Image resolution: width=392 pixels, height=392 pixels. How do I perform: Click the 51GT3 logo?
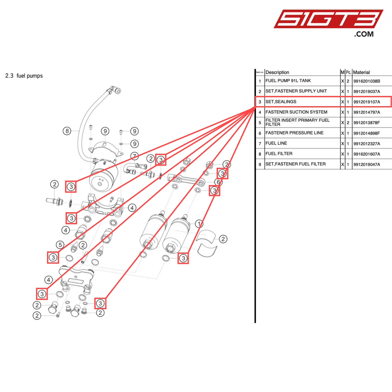point(328,19)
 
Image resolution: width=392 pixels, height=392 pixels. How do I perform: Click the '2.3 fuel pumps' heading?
point(24,76)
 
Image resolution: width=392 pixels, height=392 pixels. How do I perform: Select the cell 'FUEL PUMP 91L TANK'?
point(288,81)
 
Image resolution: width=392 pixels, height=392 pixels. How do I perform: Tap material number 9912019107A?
point(366,102)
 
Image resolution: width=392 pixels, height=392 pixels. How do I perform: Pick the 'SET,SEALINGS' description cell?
point(281,102)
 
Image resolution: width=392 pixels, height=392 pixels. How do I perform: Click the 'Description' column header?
point(277,72)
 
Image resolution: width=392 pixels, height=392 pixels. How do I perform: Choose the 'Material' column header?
point(361,72)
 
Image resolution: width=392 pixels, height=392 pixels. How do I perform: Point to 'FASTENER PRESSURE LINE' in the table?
point(294,133)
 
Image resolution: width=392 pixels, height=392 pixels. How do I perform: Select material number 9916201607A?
point(366,154)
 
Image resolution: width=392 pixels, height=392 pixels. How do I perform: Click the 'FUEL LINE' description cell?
point(276,143)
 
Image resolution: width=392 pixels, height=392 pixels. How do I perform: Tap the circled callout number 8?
point(67,131)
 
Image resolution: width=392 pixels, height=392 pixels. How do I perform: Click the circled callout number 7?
point(135,156)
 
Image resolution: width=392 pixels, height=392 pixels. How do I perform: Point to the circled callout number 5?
point(60,245)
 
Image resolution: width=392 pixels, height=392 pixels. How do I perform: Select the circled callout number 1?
point(199,224)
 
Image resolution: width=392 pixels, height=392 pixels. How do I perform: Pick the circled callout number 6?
point(218,182)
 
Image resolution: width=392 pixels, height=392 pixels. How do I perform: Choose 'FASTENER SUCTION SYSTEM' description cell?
point(296,112)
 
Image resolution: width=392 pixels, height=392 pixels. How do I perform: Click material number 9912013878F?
point(366,123)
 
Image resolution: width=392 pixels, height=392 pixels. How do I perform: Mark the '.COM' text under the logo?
point(364,34)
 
